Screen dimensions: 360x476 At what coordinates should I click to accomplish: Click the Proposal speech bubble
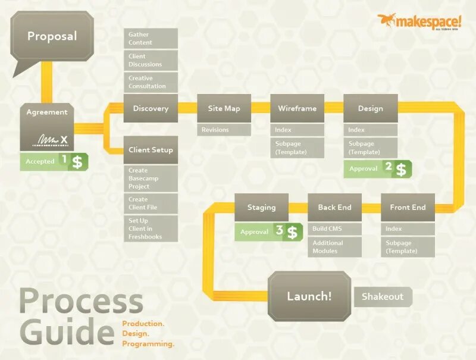pyautogui.click(x=52, y=36)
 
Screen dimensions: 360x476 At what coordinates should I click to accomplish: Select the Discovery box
pyautogui.click(x=151, y=108)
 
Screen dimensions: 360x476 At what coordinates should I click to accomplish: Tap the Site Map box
pyautogui.click(x=224, y=108)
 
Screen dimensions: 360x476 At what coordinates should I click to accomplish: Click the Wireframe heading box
pyautogui.click(x=297, y=108)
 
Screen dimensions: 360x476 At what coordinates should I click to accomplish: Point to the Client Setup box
pyautogui.click(x=151, y=150)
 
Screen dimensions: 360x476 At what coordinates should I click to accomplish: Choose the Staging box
pyautogui.click(x=261, y=208)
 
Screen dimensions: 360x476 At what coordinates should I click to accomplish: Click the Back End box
pyautogui.click(x=334, y=208)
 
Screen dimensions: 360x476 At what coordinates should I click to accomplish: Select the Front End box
pyautogui.click(x=408, y=208)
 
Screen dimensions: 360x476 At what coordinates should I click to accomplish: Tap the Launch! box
pyautogui.click(x=309, y=296)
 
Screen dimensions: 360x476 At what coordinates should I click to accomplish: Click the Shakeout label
pyautogui.click(x=383, y=296)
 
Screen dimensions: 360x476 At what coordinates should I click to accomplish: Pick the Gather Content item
pyautogui.click(x=151, y=39)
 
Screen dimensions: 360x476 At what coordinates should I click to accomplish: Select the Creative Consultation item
pyautogui.click(x=151, y=82)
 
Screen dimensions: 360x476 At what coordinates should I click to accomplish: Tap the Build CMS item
pyautogui.click(x=334, y=228)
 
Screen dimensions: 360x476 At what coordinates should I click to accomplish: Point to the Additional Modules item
pyautogui.click(x=334, y=247)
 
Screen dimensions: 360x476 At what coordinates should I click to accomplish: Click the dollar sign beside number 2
pyautogui.click(x=402, y=170)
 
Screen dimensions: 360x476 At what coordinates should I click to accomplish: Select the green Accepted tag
pyautogui.click(x=40, y=161)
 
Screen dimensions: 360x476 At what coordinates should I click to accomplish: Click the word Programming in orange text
pyautogui.click(x=148, y=343)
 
